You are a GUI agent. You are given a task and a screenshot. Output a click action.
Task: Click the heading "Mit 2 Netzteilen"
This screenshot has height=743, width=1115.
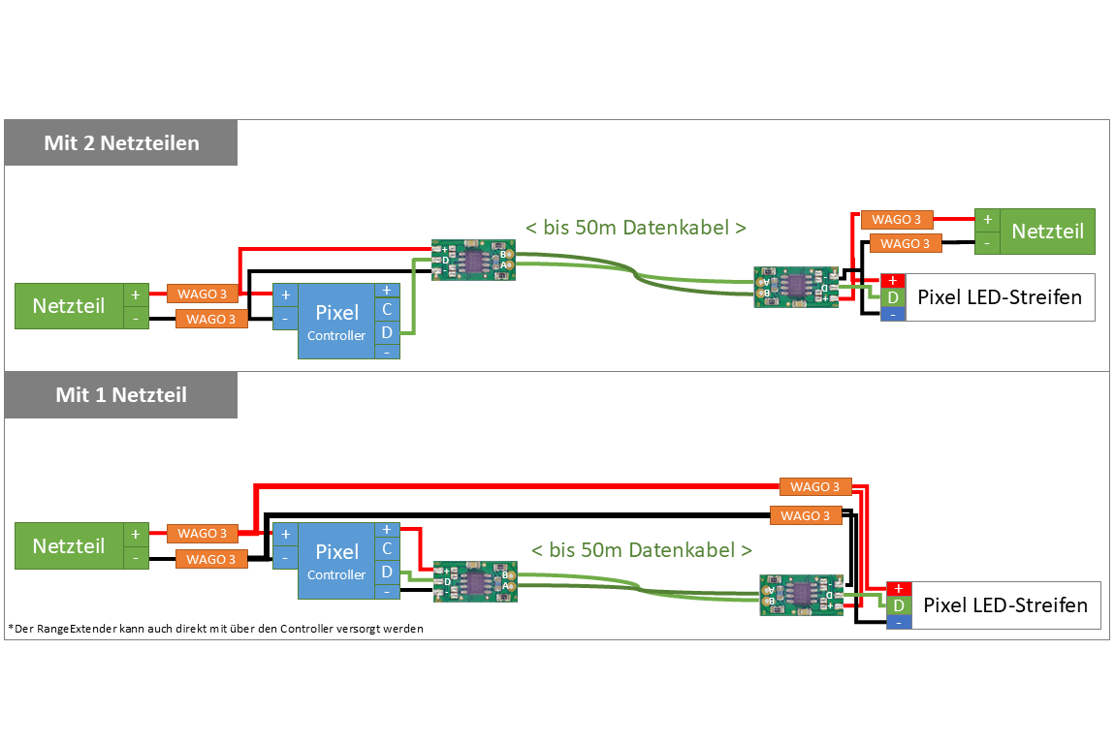tap(121, 143)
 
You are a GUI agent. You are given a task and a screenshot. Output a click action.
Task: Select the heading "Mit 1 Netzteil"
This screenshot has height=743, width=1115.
tap(121, 395)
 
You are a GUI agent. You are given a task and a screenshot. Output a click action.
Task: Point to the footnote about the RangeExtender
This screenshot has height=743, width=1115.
tap(215, 629)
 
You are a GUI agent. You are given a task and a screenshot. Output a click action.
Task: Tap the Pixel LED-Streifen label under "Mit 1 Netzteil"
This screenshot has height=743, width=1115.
tap(1005, 605)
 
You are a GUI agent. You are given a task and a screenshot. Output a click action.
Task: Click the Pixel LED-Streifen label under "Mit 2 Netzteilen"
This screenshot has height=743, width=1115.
tap(1000, 297)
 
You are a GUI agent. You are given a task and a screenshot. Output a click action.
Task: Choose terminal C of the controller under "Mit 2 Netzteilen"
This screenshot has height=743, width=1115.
tap(387, 310)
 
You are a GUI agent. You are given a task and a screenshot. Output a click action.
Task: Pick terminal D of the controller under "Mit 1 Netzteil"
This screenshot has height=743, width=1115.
tap(387, 572)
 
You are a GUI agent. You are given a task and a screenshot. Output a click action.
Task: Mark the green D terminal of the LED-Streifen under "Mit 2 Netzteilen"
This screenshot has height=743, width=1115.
tap(893, 297)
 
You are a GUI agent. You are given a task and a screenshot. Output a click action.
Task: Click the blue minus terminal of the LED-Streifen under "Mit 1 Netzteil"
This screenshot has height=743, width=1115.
tap(899, 622)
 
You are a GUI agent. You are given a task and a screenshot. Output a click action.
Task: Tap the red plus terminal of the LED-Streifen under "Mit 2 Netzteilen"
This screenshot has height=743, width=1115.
tap(893, 281)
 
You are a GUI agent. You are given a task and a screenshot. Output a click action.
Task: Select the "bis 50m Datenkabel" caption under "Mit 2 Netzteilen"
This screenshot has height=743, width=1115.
tap(636, 228)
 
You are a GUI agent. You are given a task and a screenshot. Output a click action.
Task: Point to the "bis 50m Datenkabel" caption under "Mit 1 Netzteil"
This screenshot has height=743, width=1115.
tap(641, 550)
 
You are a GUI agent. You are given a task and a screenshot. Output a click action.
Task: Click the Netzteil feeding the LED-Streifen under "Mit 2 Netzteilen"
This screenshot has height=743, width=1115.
tap(1047, 232)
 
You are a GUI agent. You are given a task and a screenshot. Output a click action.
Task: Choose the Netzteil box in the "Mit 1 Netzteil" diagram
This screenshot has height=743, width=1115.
tap(69, 546)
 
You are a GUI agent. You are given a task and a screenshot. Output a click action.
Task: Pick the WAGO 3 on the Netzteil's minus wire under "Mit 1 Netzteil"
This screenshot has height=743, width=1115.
tap(211, 559)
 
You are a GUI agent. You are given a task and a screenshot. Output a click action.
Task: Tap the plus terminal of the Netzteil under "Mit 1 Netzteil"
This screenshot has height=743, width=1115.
tap(136, 534)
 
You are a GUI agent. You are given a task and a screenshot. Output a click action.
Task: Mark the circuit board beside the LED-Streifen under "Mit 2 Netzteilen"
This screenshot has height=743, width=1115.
tap(796, 288)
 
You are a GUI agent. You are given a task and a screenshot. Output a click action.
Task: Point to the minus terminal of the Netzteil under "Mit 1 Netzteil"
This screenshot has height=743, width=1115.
tap(136, 559)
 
